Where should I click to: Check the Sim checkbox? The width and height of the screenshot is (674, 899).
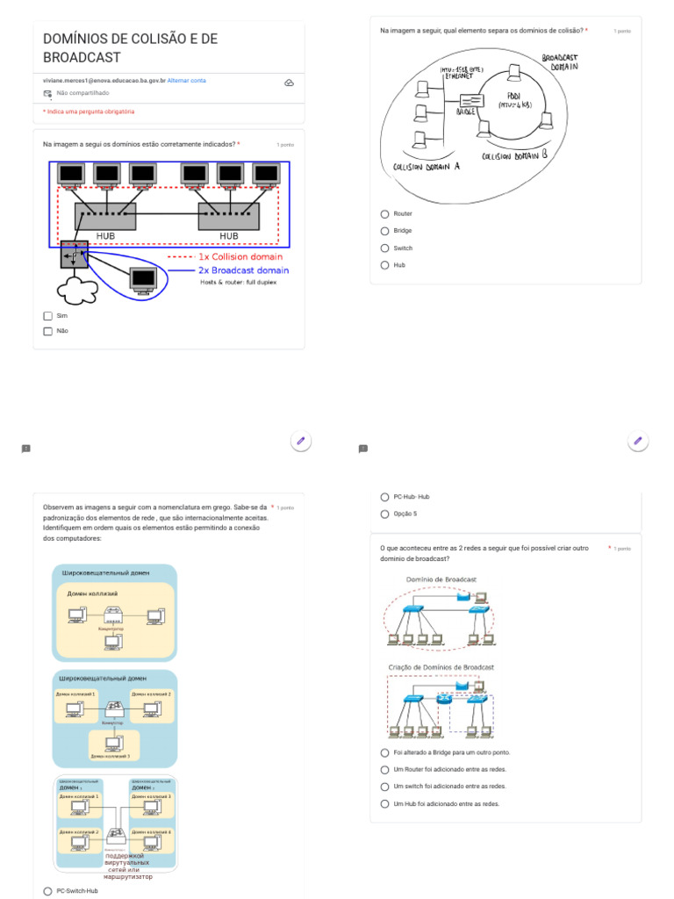pyautogui.click(x=48, y=316)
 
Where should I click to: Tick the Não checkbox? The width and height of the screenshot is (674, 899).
pyautogui.click(x=48, y=332)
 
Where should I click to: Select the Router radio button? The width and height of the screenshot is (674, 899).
pyautogui.click(x=384, y=214)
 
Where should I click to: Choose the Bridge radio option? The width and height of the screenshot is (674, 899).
pyautogui.click(x=384, y=231)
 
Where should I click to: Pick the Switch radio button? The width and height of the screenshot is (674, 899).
pyautogui.click(x=384, y=248)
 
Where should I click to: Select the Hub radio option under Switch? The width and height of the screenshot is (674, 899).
pyautogui.click(x=384, y=265)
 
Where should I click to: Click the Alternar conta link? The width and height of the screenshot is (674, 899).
pyautogui.click(x=187, y=81)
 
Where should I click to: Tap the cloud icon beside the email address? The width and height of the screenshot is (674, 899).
pyautogui.click(x=289, y=83)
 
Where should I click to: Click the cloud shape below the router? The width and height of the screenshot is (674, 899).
pyautogui.click(x=75, y=288)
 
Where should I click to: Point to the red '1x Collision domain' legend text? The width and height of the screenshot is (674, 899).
pyautogui.click(x=240, y=257)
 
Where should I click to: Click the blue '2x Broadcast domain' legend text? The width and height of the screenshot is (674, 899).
pyautogui.click(x=243, y=270)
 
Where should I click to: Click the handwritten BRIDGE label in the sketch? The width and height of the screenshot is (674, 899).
pyautogui.click(x=466, y=111)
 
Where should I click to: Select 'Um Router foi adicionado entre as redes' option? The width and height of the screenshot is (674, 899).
pyautogui.click(x=384, y=770)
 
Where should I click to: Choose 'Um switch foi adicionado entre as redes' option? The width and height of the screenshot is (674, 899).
pyautogui.click(x=384, y=787)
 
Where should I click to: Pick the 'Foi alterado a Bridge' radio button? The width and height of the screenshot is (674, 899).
pyautogui.click(x=384, y=753)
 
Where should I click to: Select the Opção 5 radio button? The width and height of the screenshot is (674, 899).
pyautogui.click(x=384, y=514)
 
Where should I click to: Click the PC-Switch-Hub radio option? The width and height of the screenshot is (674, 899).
pyautogui.click(x=47, y=891)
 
